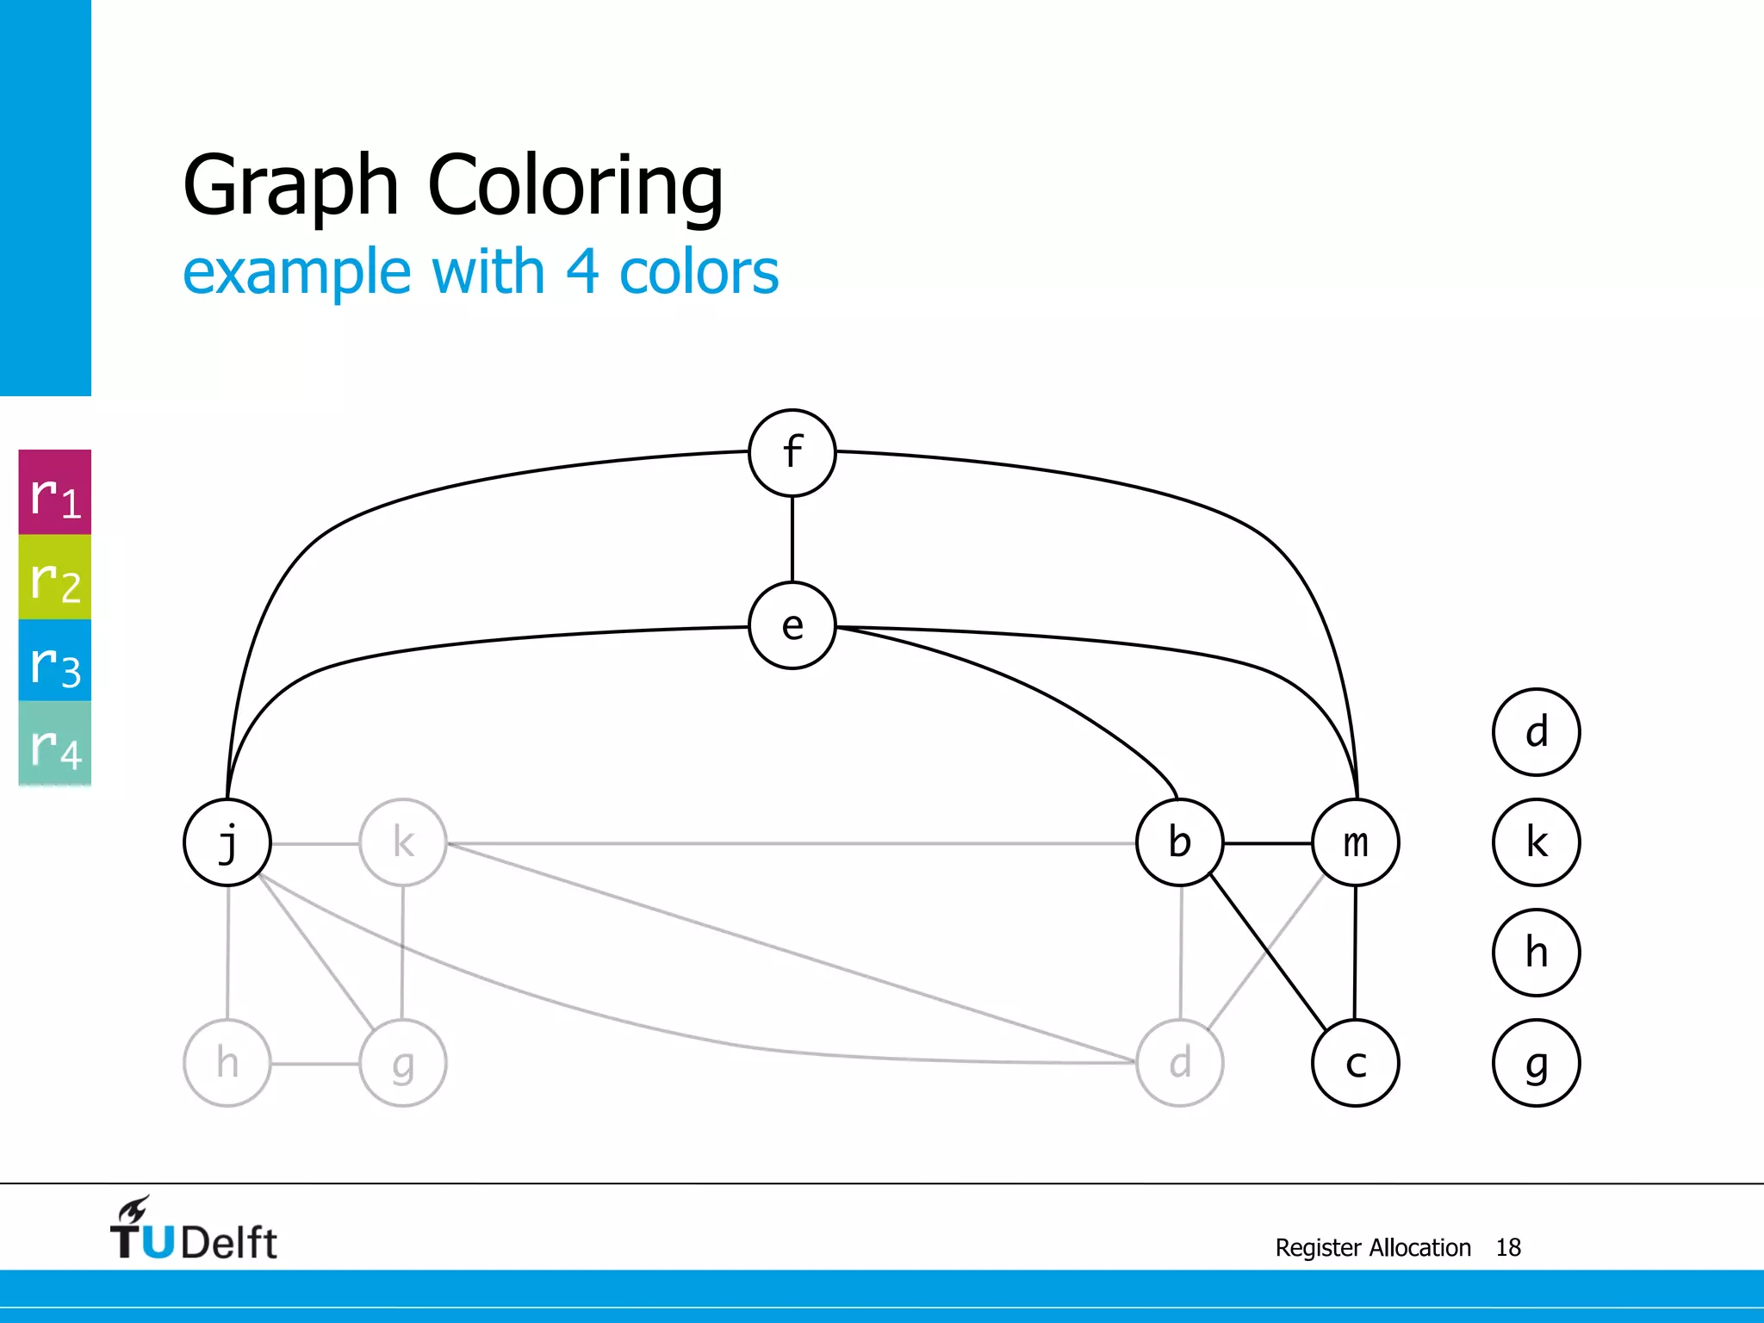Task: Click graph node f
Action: pyautogui.click(x=792, y=453)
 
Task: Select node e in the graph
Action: pyautogui.click(x=792, y=626)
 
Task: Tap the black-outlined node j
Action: pyautogui.click(x=227, y=842)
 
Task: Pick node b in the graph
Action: pyautogui.click(x=1179, y=842)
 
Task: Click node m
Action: pyautogui.click(x=1355, y=842)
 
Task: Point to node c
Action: pyautogui.click(x=1355, y=1063)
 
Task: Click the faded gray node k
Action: pyautogui.click(x=403, y=842)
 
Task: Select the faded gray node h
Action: pyautogui.click(x=227, y=1063)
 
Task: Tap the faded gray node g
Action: pyautogui.click(x=403, y=1063)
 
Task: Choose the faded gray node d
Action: pyautogui.click(x=1179, y=1063)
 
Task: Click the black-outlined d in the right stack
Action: pyautogui.click(x=1536, y=732)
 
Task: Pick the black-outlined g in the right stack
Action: pyautogui.click(x=1536, y=1063)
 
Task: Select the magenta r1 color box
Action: pyautogui.click(x=55, y=493)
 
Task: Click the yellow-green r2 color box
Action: pyautogui.click(x=55, y=577)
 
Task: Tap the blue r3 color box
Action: pyautogui.click(x=55, y=661)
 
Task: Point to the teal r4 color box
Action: pyautogui.click(x=55, y=743)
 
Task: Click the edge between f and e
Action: pyautogui.click(x=792, y=539)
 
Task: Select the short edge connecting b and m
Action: pyautogui.click(x=1267, y=843)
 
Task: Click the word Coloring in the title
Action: pyautogui.click(x=575, y=185)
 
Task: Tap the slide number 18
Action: pyautogui.click(x=1507, y=1247)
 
